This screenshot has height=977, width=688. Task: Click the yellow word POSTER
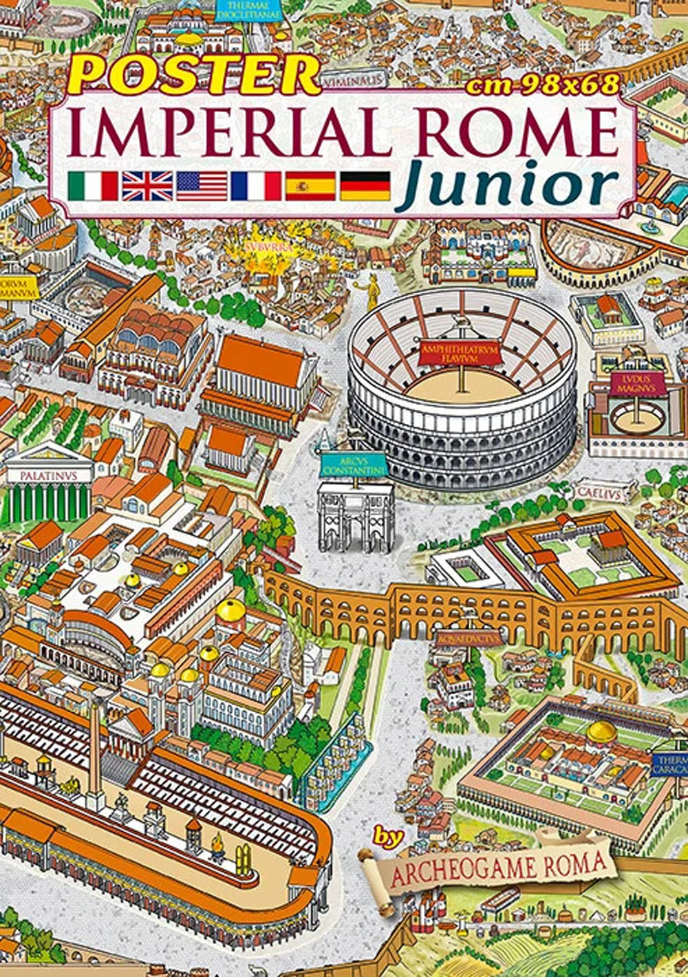[194, 74]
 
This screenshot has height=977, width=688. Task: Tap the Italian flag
[93, 186]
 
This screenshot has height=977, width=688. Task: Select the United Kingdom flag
[147, 186]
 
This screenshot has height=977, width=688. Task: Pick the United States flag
[202, 186]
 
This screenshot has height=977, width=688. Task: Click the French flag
[256, 186]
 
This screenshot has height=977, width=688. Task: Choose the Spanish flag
[310, 186]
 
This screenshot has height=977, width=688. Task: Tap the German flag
[365, 186]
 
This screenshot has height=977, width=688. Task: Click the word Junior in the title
[506, 184]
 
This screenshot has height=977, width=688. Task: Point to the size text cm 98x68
[543, 85]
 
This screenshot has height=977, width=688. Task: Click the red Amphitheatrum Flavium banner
[455, 354]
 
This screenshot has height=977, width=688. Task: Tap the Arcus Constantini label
[355, 466]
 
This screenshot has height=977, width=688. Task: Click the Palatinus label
[48, 475]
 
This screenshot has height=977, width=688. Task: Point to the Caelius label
[597, 493]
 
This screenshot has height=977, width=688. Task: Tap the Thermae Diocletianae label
[249, 11]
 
